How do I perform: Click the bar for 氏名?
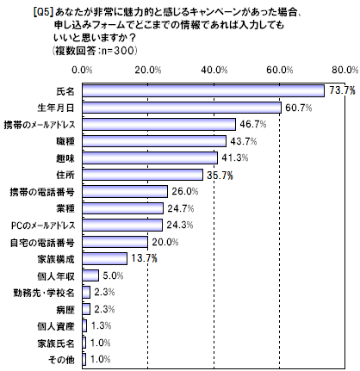(x=203, y=90)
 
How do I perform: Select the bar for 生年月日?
(x=182, y=108)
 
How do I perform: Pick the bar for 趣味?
(x=150, y=158)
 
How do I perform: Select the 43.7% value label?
(x=243, y=141)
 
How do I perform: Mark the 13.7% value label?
(x=144, y=258)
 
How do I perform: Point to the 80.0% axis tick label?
(x=344, y=70)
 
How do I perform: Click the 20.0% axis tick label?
(x=148, y=70)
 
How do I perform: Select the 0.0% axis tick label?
(x=83, y=70)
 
